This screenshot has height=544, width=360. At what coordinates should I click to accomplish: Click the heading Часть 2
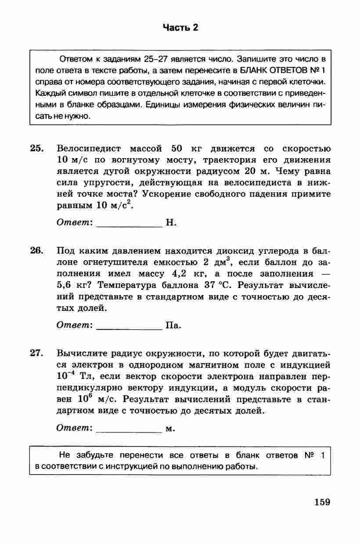pyautogui.click(x=180, y=28)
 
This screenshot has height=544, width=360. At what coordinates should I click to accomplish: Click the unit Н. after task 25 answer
pyautogui.click(x=171, y=223)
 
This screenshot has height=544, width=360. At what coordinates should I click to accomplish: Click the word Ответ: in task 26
pyautogui.click(x=75, y=326)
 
